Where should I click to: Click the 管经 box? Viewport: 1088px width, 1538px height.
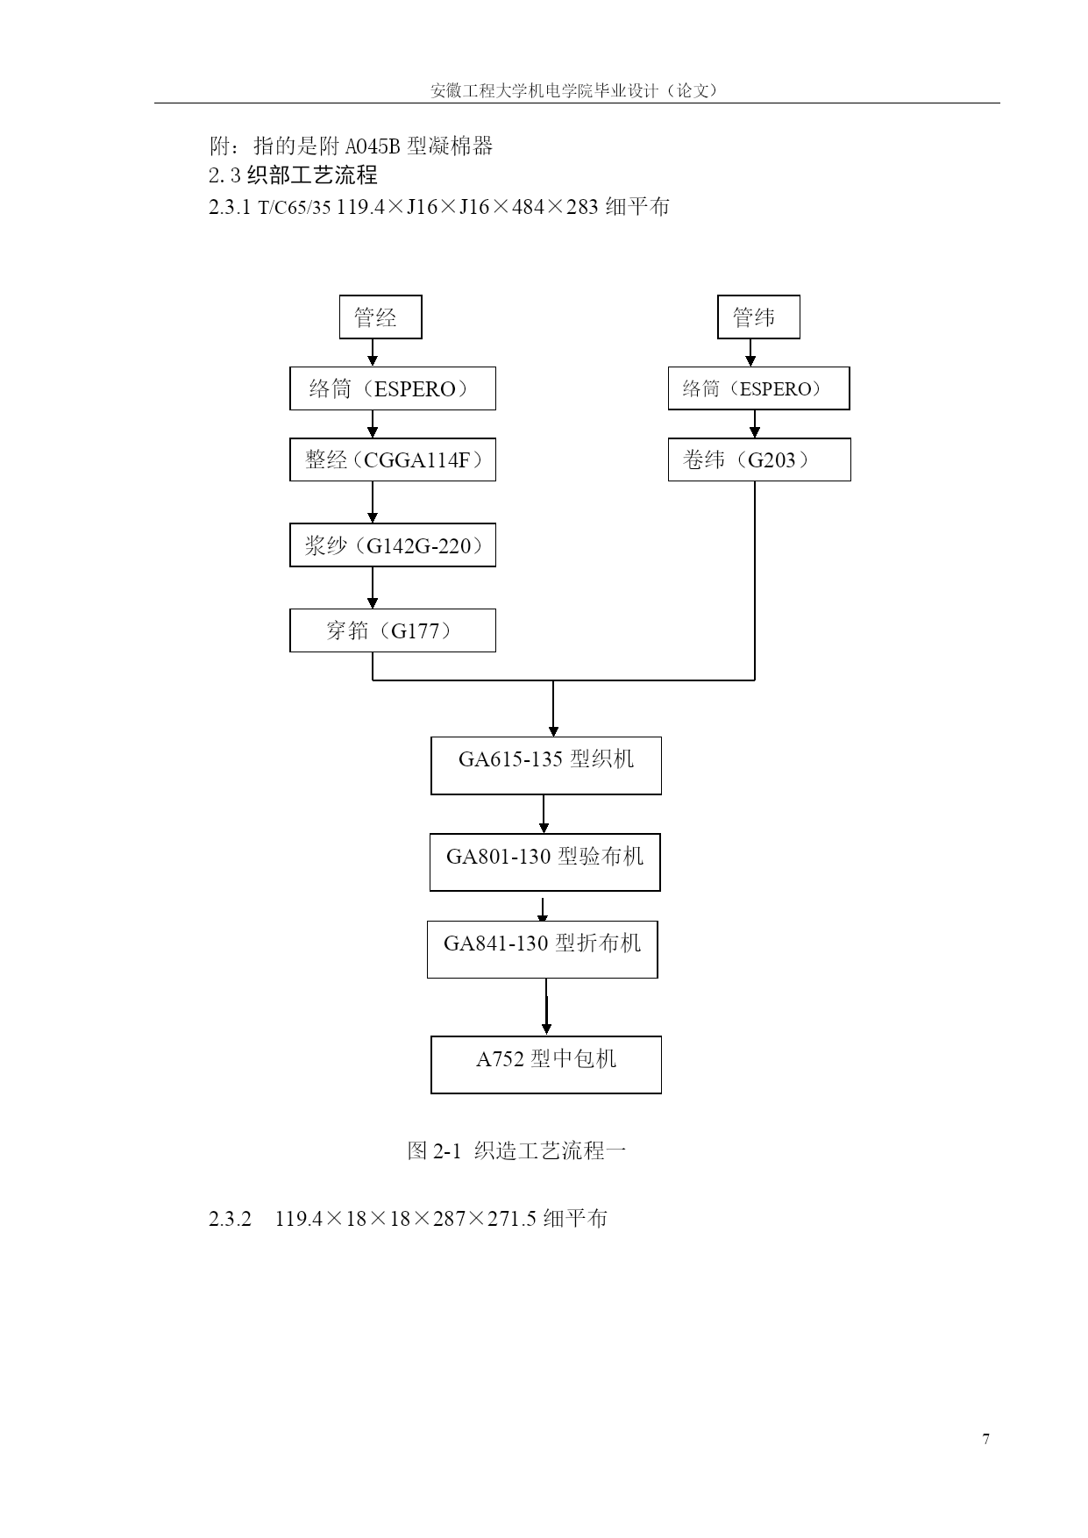pos(380,317)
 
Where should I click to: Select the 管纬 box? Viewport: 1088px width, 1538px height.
pos(758,317)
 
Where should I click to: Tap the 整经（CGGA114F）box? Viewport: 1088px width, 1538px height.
pos(393,459)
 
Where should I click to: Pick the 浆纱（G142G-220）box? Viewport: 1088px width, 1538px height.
pos(393,545)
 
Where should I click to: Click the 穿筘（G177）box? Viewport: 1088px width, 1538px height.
pos(393,630)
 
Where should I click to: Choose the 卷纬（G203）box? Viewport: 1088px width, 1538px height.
pos(759,459)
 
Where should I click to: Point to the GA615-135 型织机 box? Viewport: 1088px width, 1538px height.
pos(546,765)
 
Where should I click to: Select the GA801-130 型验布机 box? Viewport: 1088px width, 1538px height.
pos(545,862)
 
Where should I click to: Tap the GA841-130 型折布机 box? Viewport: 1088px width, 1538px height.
pos(543,950)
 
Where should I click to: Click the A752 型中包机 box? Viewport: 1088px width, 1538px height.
pos(546,1064)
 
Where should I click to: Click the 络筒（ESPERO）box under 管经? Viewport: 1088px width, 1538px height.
pos(393,388)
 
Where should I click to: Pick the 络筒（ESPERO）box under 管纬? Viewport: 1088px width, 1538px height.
pos(759,388)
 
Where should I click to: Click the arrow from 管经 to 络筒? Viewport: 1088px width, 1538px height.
pos(373,352)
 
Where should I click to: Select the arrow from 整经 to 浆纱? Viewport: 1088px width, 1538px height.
pos(373,502)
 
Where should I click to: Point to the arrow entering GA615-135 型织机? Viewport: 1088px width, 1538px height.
pos(553,708)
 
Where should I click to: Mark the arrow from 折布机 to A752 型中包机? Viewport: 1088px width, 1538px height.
pos(546,1007)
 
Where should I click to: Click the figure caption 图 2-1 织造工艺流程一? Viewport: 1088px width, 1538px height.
pos(517,1150)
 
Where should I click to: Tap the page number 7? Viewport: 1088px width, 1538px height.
pos(986,1439)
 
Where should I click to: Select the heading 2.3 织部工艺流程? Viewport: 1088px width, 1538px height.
pos(293,175)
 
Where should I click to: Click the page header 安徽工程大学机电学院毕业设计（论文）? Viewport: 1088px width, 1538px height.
pos(574,90)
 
